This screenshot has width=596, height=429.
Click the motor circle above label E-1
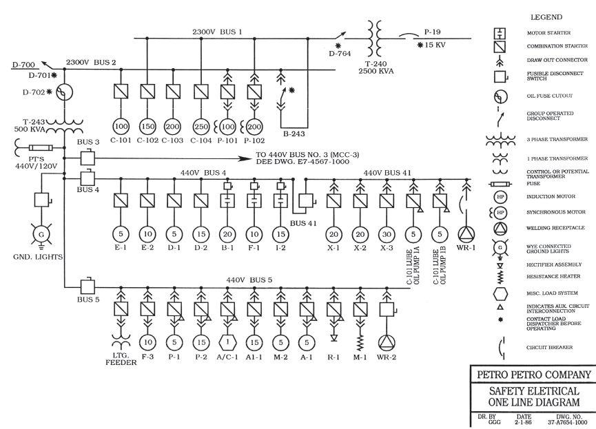121,232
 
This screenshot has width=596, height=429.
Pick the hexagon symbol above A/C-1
228,341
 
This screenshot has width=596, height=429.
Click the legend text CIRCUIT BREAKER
550,348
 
